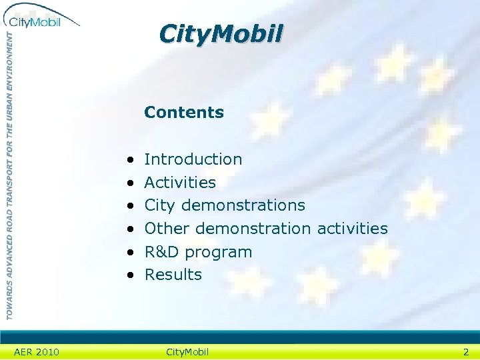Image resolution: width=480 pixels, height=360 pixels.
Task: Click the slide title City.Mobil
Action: tap(221, 33)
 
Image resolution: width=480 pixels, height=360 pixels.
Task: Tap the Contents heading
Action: tap(184, 112)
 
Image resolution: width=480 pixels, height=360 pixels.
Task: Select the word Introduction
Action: tap(193, 159)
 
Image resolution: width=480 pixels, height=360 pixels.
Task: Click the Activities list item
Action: tap(180, 182)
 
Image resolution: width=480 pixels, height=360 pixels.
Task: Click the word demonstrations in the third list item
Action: tap(243, 205)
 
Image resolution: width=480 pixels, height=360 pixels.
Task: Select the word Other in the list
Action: tap(168, 229)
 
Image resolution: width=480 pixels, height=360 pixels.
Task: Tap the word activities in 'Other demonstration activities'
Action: tap(353, 229)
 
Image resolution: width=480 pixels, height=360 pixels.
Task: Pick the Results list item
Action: tap(173, 275)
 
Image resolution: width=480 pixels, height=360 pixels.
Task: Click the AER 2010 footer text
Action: tap(37, 352)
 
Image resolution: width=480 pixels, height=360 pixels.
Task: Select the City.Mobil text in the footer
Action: tap(187, 352)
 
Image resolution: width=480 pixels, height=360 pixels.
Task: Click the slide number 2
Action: tap(466, 352)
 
